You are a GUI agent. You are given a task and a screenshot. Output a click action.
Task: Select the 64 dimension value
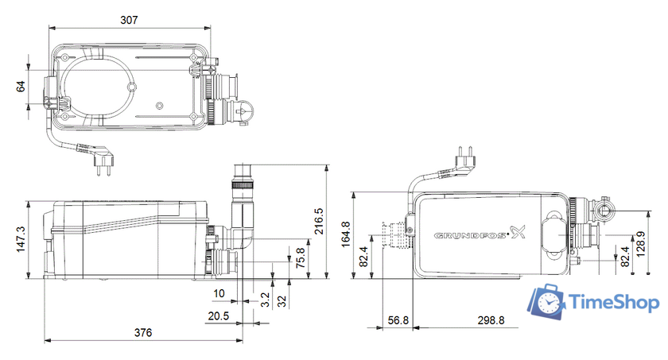click(x=21, y=86)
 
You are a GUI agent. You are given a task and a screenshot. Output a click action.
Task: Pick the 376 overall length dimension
click(x=142, y=332)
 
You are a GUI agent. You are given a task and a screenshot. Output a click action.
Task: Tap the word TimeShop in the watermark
click(x=612, y=303)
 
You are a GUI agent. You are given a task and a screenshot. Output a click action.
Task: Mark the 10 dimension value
click(x=219, y=294)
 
